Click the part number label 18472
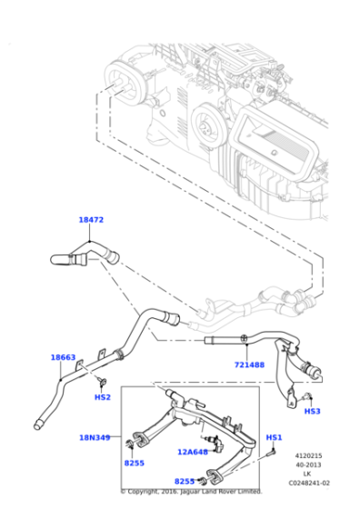pos(91,220)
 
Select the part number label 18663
pos(63,357)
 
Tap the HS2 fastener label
pos(103,397)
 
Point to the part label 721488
pos(248,364)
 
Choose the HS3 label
pos(312,411)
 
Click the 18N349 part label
pos(94,437)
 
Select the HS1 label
pos(274,437)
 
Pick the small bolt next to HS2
pos(105,381)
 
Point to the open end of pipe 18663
pos(39,423)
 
